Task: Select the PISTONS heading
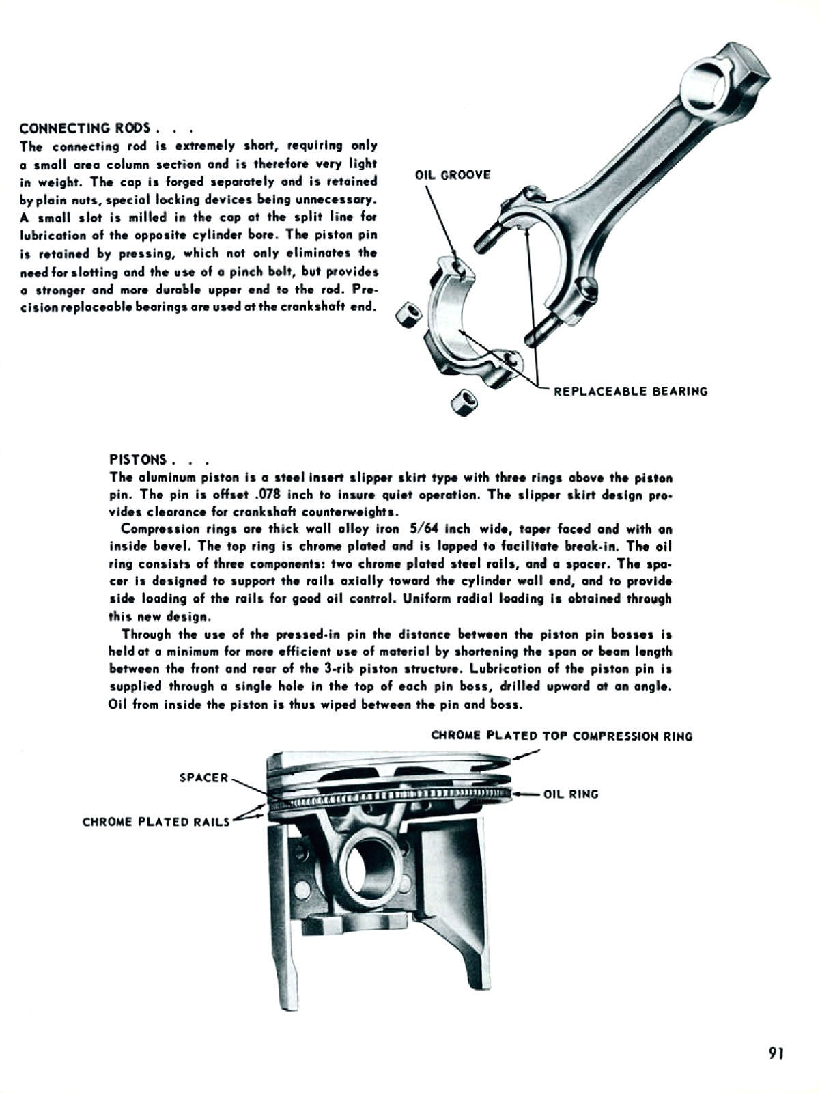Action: (138, 459)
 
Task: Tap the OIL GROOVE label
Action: (453, 175)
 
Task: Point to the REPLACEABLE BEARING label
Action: (630, 391)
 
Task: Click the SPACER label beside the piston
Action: (203, 777)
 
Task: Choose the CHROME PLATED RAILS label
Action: (156, 822)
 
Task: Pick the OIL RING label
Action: (571, 794)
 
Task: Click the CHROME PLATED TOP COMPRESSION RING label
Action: (562, 736)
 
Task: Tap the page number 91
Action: (776, 1053)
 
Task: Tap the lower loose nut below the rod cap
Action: (465, 400)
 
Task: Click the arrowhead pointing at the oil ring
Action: (515, 794)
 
